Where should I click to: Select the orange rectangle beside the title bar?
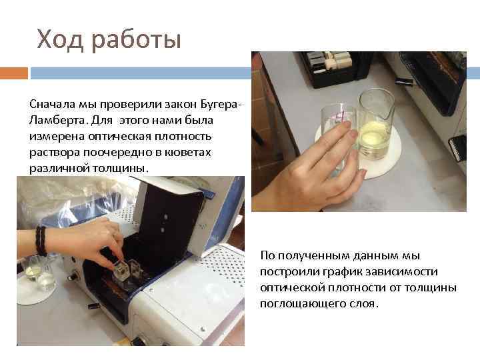13,72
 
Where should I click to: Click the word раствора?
51,152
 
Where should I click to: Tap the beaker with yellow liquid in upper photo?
377,127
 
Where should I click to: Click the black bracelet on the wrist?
41,241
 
